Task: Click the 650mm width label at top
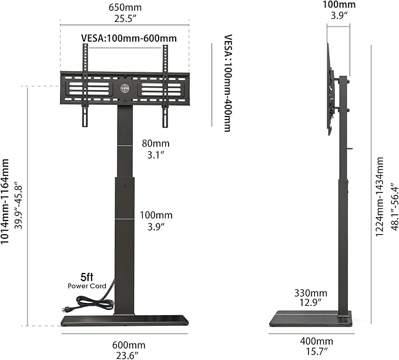pyautogui.click(x=125, y=8)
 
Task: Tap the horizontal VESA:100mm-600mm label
pyautogui.click(x=128, y=39)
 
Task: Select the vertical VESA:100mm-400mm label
pyautogui.click(x=227, y=82)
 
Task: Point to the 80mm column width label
pyautogui.click(x=156, y=144)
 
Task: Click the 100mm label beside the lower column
pyautogui.click(x=156, y=215)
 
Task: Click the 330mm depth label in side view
pyautogui.click(x=311, y=293)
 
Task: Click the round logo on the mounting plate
pyautogui.click(x=125, y=89)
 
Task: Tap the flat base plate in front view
pyautogui.click(x=125, y=321)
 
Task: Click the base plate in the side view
pyautogui.click(x=310, y=320)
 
